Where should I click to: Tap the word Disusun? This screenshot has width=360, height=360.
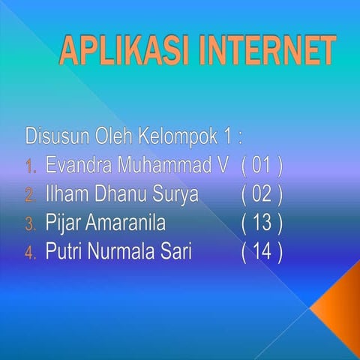click(x=58, y=137)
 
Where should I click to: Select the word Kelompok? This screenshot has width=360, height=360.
click(x=182, y=137)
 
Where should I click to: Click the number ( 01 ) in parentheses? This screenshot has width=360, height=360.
click(x=262, y=166)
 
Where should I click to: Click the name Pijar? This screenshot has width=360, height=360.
click(x=61, y=223)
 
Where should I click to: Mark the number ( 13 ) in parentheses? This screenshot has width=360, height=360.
click(x=262, y=223)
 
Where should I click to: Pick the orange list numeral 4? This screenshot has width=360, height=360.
click(x=30, y=253)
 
